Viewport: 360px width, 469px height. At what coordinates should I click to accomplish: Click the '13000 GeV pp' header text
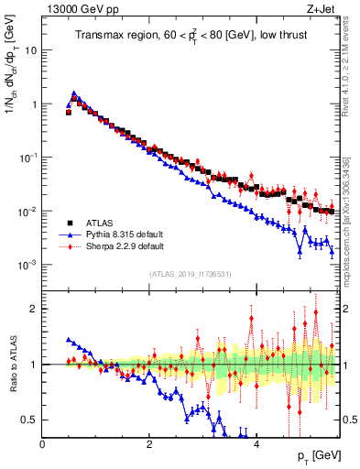pos(79,11)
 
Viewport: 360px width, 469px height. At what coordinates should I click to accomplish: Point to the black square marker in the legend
pos(69,223)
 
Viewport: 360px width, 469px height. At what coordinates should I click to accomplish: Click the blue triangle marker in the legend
pos(69,234)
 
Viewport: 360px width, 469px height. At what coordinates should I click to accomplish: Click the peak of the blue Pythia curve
pos(73,93)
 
